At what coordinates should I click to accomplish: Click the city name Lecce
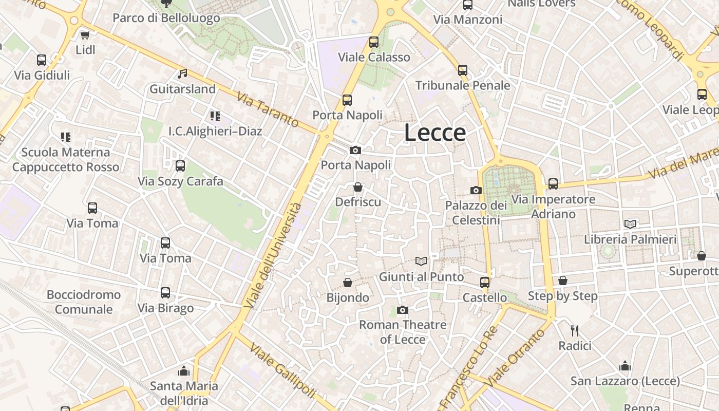click(435, 133)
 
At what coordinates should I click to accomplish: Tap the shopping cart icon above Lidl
click(85, 35)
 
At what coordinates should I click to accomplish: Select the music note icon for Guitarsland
click(182, 74)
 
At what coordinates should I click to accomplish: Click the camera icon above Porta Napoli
click(355, 150)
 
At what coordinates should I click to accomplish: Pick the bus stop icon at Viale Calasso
click(374, 42)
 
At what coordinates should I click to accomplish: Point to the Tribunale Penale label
click(462, 85)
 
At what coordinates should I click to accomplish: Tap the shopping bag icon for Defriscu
click(358, 187)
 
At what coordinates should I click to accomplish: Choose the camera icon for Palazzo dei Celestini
click(476, 190)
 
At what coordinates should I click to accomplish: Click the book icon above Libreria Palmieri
click(630, 224)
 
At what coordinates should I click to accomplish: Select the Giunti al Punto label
click(421, 277)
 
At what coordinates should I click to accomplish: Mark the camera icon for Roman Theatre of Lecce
click(403, 309)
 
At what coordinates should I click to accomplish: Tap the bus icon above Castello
click(485, 282)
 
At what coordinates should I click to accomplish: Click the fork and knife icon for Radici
click(575, 330)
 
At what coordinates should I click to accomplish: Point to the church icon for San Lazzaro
click(625, 366)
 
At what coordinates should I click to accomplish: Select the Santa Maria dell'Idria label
click(184, 393)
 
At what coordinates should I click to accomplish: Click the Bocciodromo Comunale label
click(84, 302)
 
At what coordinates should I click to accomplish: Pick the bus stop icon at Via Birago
click(165, 293)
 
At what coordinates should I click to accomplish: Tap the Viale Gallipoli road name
click(282, 370)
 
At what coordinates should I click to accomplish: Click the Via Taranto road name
click(268, 109)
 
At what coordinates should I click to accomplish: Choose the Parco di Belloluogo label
click(166, 18)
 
